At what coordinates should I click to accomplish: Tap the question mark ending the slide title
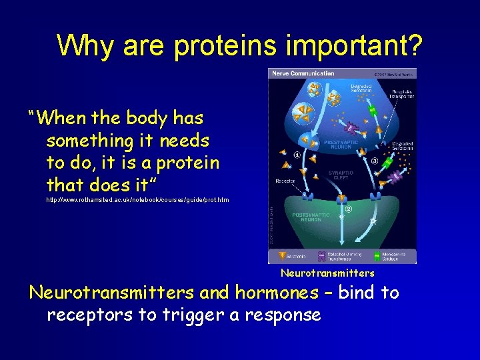click(413, 45)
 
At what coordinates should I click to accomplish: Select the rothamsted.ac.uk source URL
click(137, 200)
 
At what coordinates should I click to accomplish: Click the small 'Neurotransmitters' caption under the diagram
click(327, 273)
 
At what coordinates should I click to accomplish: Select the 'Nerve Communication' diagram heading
click(293, 73)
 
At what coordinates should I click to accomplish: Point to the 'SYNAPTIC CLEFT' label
click(341, 175)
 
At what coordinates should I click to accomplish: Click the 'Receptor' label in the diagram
click(285, 181)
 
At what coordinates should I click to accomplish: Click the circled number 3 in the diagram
click(376, 161)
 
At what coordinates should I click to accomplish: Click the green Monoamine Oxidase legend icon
click(377, 255)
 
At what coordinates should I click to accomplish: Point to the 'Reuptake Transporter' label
click(401, 94)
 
